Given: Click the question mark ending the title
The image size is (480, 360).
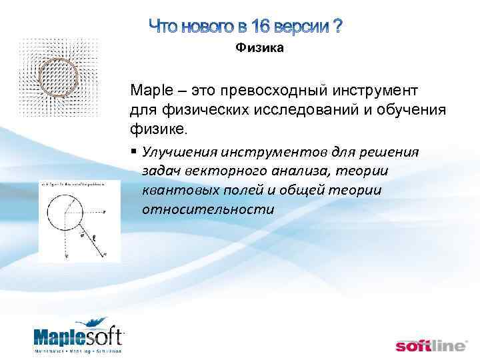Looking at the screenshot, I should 338,27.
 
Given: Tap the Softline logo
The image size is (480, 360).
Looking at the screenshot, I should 432,345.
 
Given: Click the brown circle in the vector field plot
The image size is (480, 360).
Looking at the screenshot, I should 59,75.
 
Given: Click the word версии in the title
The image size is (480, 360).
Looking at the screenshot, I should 304,27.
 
